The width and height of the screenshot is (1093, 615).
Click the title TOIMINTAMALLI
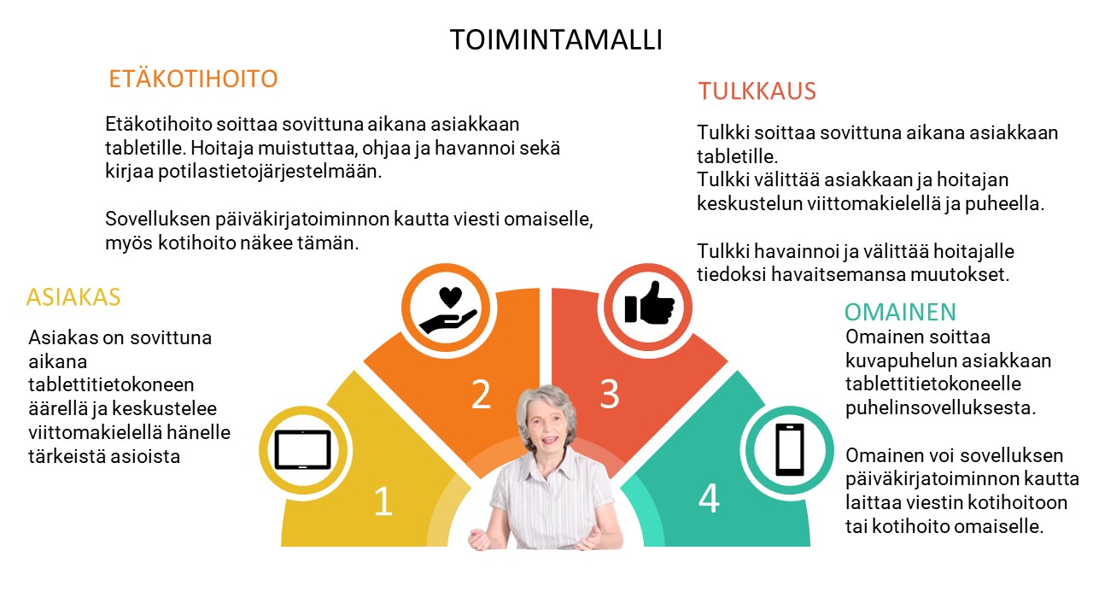[556, 39]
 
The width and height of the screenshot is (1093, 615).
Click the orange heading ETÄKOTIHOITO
[193, 79]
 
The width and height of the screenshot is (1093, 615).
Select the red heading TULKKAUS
[757, 91]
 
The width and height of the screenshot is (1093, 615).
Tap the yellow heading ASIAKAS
[73, 297]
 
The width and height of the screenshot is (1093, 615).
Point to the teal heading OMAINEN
[900, 313]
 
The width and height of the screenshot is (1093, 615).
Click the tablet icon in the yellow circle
[302, 449]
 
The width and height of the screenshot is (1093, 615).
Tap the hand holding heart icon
[448, 310]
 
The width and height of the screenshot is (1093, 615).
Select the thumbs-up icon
[650, 302]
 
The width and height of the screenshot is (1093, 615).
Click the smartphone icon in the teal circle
[790, 449]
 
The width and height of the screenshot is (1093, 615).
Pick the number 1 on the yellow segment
[383, 501]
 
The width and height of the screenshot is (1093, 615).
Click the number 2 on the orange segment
[481, 394]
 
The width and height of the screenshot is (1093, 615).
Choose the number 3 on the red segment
[610, 394]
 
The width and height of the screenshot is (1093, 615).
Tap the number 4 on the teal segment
[709, 498]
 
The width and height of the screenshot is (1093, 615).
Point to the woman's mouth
[549, 440]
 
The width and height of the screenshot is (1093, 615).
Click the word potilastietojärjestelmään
[270, 172]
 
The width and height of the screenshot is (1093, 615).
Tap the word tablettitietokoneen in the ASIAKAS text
[111, 384]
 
